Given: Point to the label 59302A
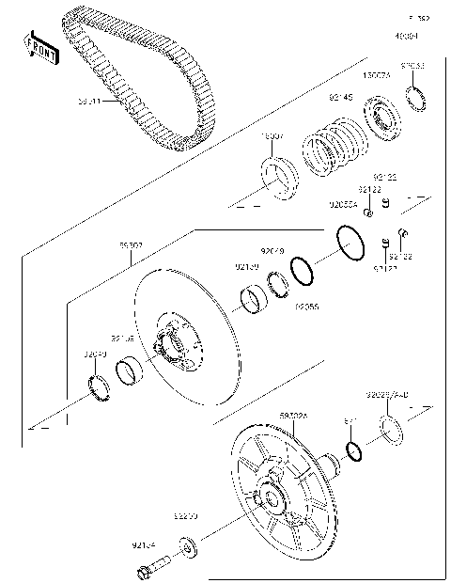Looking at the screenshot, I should pos(295,413).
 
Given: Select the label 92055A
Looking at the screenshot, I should pos(342,203).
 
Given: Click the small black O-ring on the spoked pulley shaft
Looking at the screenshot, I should pos(352,450).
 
